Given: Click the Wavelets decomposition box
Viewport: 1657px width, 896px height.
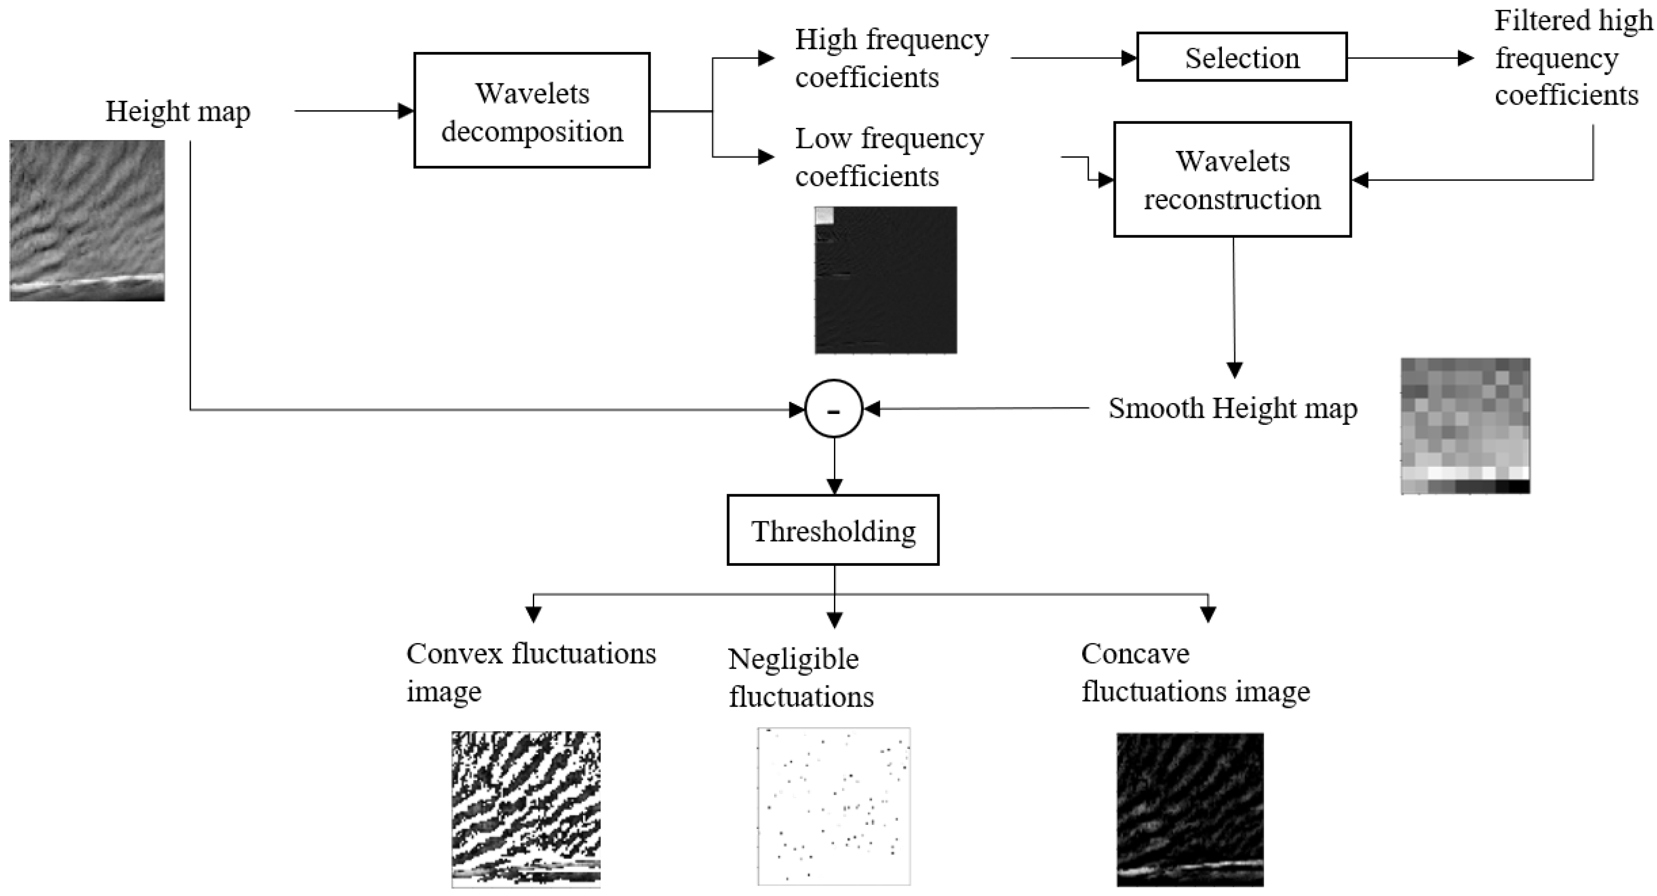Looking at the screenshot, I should tap(532, 111).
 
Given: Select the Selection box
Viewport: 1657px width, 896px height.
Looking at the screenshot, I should tap(1242, 57).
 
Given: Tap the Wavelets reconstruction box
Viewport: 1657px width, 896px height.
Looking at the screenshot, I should tap(1232, 179).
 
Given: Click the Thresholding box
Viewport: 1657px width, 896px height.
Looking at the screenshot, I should tap(833, 530).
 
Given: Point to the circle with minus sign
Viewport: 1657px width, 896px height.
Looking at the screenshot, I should tap(834, 409).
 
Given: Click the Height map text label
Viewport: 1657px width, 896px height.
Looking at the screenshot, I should tap(178, 111).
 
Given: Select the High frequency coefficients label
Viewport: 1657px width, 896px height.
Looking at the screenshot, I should tap(892, 58).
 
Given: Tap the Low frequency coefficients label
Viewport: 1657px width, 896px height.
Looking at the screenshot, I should tap(889, 157).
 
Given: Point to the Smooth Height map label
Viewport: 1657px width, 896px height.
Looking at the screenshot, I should tap(1232, 408).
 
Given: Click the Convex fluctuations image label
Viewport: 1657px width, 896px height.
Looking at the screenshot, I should tap(531, 672).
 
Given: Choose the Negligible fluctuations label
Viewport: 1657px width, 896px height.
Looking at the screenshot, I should tap(801, 678).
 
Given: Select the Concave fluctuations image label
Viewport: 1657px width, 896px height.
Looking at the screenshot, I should tap(1195, 673).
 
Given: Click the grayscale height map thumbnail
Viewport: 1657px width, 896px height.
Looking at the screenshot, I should tap(87, 221).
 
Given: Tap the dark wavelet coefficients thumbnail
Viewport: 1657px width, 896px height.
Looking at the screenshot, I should tap(886, 280).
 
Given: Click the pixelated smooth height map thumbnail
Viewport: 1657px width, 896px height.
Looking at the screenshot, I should tap(1465, 426).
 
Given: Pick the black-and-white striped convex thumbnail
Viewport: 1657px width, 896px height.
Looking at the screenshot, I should tap(525, 809).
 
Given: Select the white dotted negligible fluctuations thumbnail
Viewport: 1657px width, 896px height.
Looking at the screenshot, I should tap(834, 807).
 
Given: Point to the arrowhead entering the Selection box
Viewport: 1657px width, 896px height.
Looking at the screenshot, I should tap(1129, 58).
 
